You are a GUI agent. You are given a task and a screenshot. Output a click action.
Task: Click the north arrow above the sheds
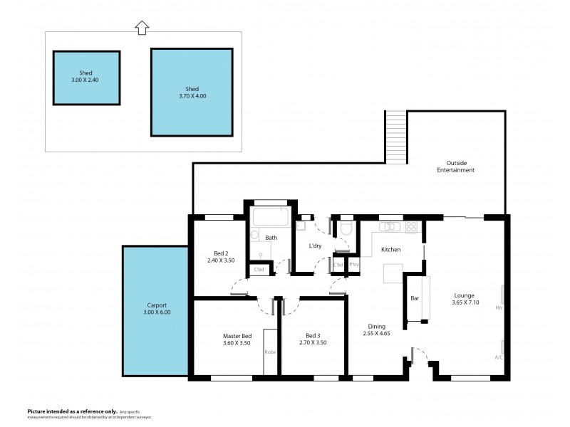[141, 27]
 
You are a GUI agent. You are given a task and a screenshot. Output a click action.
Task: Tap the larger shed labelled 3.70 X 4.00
[192, 91]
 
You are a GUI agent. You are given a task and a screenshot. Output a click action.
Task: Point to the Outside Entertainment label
[456, 166]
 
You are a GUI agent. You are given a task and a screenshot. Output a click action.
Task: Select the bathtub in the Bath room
[270, 216]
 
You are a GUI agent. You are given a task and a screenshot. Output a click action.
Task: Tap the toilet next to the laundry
[346, 228]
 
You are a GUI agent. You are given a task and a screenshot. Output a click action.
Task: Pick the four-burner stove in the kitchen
[411, 227]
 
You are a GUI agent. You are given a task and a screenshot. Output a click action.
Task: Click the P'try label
[354, 265]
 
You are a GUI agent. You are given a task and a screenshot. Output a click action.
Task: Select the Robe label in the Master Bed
[270, 352]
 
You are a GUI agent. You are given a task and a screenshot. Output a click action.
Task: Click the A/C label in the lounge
[499, 357]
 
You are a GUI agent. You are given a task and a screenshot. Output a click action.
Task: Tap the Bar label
[414, 298]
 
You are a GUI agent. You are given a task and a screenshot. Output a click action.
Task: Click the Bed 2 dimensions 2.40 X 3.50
[220, 261]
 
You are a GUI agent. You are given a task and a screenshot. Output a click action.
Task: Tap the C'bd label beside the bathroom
[259, 270]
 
